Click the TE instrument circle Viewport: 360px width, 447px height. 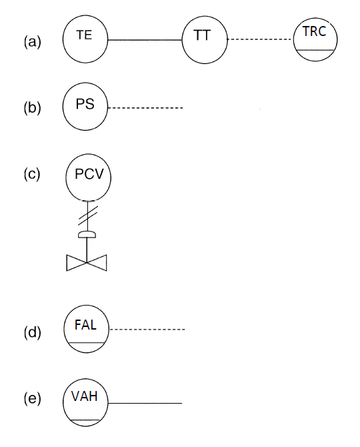[85, 39]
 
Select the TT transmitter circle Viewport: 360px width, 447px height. [205, 39]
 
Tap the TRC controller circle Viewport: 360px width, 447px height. [315, 39]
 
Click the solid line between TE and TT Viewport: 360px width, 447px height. [145, 40]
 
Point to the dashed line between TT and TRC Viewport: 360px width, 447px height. [260, 40]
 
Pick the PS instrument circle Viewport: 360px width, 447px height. [85, 107]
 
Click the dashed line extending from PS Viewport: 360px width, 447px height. [145, 108]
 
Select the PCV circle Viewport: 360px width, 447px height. [88, 178]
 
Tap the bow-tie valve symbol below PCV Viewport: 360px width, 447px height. [87, 263]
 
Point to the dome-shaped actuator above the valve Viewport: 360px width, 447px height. [87, 234]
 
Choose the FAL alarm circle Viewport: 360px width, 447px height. [86, 330]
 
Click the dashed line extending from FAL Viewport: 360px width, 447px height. [147, 330]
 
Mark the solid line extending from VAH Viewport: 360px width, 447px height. [145, 404]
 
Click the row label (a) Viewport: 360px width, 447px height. [32, 41]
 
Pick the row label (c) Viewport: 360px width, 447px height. [32, 175]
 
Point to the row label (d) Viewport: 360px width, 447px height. [32, 332]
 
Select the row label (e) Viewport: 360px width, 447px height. [32, 399]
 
